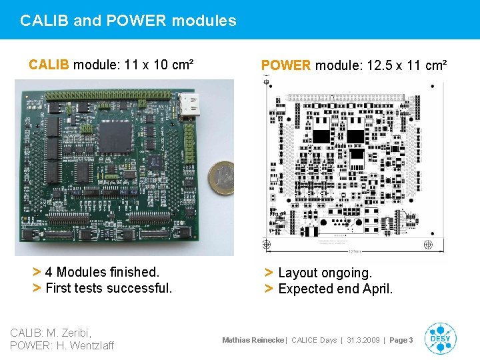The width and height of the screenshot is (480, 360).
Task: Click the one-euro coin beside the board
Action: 221,177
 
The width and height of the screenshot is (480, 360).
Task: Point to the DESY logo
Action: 440,338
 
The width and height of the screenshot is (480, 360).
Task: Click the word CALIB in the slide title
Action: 45,21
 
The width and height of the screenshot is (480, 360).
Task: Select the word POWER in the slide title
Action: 134,21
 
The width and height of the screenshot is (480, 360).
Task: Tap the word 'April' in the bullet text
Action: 375,289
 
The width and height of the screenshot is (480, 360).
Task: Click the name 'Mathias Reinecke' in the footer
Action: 253,340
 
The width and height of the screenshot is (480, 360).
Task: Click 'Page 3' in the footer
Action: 401,340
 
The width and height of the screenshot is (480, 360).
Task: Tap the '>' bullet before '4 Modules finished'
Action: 37,272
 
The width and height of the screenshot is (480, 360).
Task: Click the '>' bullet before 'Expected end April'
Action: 269,289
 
